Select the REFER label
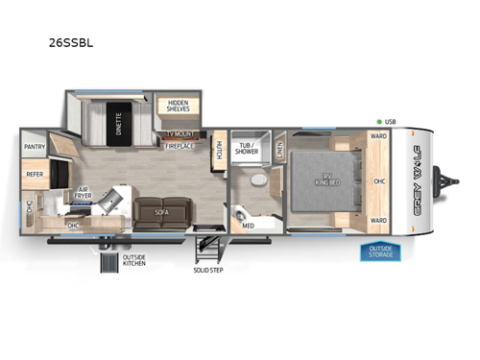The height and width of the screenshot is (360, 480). (35, 175)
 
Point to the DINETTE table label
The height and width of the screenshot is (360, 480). (120, 122)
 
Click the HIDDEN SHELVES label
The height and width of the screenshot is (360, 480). (179, 107)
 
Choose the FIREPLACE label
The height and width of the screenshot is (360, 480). (180, 146)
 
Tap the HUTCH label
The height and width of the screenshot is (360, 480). (219, 148)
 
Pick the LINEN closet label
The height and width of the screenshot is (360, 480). (279, 149)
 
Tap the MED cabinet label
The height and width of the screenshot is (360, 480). (249, 227)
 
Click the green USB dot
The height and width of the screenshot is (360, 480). (379, 122)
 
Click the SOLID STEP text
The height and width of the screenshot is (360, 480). (207, 270)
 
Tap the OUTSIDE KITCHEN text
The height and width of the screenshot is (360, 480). (134, 261)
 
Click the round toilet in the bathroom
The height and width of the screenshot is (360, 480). (256, 180)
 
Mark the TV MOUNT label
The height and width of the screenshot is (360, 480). (180, 134)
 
